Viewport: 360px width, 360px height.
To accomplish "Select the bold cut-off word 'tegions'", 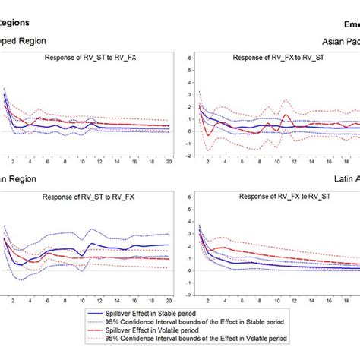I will (x=19, y=23).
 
